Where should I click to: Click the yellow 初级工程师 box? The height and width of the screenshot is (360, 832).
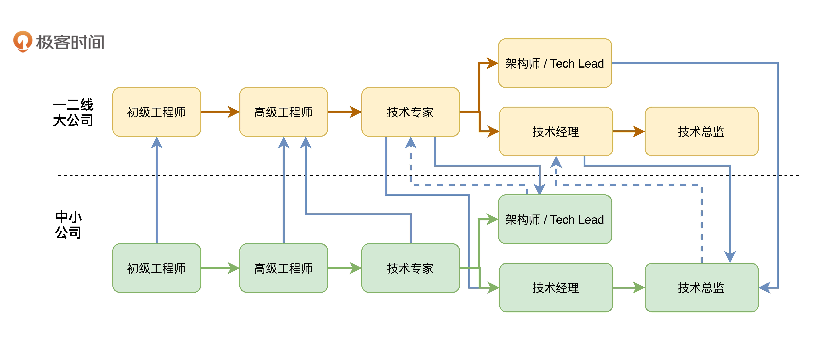pos(157,112)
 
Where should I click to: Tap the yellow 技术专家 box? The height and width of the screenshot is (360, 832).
pos(410,112)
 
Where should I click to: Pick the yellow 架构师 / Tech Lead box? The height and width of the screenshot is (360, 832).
pos(555,63)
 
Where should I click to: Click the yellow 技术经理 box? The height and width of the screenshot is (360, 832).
pos(556,131)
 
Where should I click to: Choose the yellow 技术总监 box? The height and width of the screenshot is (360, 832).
pos(701,131)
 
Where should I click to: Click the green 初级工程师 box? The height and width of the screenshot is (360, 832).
pos(157,268)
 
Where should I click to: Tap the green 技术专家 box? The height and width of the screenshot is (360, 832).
pos(410,268)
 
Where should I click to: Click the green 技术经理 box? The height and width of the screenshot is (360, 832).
pos(556,287)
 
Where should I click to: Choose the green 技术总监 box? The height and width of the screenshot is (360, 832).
pos(701,287)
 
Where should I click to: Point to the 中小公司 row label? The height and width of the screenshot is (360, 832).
pos(68,224)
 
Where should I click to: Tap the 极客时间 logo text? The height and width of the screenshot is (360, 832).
pos(70,42)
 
